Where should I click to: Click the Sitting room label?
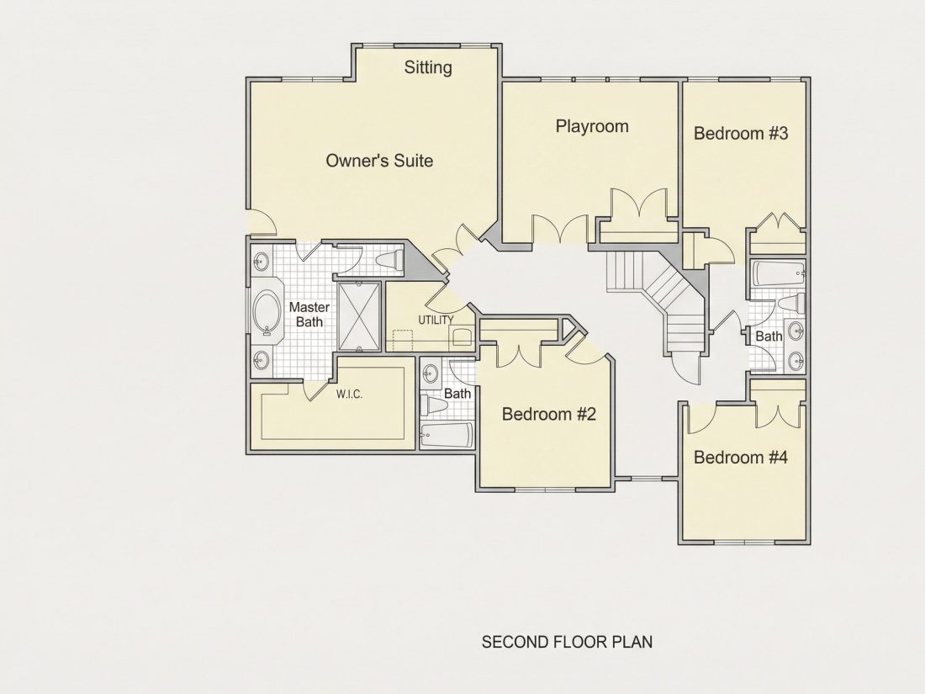click(x=428, y=68)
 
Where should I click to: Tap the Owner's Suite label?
click(x=379, y=161)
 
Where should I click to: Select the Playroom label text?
click(x=592, y=126)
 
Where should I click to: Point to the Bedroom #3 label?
click(x=740, y=134)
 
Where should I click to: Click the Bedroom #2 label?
click(x=548, y=414)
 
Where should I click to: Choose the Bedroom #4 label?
click(x=740, y=458)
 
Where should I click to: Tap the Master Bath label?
click(x=309, y=315)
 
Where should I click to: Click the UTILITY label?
click(x=436, y=320)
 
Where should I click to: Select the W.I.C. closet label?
click(x=349, y=395)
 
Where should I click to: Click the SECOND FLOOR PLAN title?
click(x=567, y=642)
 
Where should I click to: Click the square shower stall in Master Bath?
click(x=359, y=316)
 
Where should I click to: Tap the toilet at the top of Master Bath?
click(x=390, y=259)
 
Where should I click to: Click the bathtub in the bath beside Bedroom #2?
click(x=447, y=435)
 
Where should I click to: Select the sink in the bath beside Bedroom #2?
click(x=431, y=373)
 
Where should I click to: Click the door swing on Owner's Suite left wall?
click(x=262, y=222)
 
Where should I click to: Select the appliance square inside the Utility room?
click(x=462, y=337)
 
